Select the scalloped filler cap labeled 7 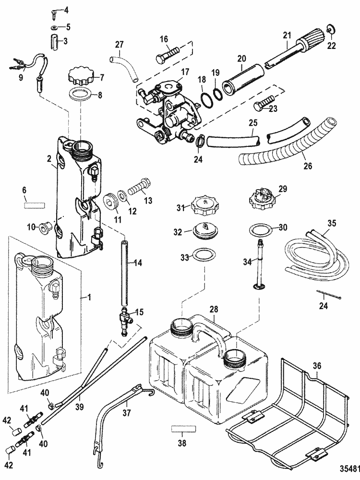click(x=79, y=76)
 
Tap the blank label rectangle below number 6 click(x=34, y=204)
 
